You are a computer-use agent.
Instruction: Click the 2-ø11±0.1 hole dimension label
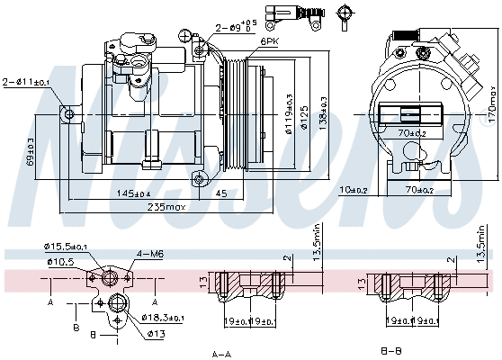pos(26,82)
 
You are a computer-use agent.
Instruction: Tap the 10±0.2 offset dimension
pos(354,190)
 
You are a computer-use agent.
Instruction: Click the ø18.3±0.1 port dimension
pos(162,318)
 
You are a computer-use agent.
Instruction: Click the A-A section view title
pos(222,354)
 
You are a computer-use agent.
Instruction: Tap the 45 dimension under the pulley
pos(221,194)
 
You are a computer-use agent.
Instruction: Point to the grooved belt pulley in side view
pos(235,115)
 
